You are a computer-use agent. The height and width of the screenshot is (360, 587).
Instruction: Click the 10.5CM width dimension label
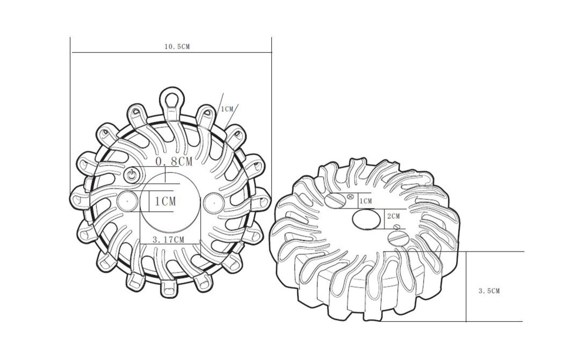point(177,47)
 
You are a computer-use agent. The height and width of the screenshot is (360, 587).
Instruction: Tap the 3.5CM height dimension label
point(489,291)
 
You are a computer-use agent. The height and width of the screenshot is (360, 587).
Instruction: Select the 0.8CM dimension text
point(174,162)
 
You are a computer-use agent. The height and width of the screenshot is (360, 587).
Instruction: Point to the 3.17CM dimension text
point(168,240)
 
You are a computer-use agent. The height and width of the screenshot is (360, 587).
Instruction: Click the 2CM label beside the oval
point(393,216)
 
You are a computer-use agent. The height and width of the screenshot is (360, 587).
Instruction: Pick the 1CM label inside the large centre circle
point(165,201)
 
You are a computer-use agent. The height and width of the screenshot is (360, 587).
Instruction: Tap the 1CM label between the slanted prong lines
point(227,109)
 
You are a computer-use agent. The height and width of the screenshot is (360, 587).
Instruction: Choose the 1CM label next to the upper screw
point(366,201)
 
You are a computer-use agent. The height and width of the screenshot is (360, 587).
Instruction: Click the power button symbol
point(131,174)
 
